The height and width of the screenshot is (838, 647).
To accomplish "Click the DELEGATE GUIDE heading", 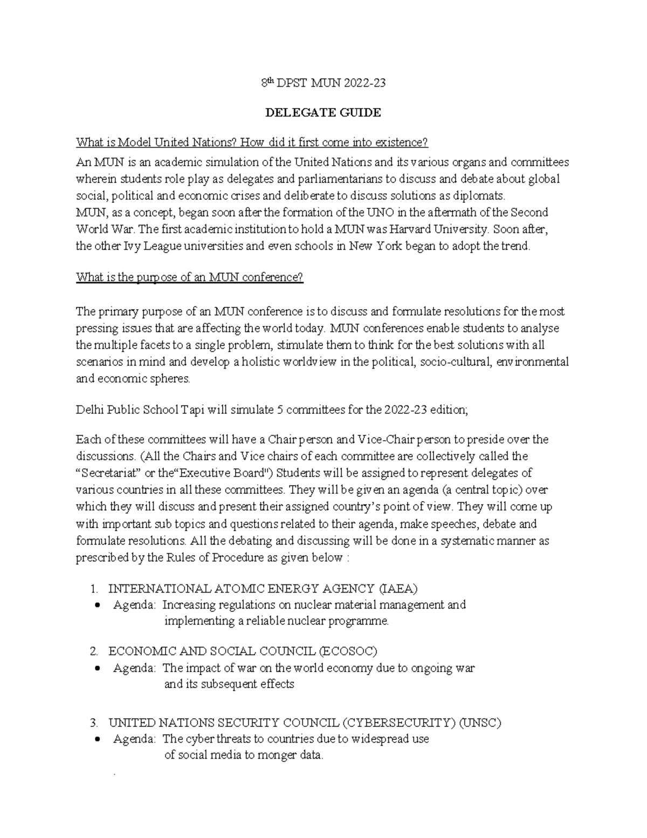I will click(323, 112).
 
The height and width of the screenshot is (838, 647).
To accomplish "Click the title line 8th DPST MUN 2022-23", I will click(323, 83).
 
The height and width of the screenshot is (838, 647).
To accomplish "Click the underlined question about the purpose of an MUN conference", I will click(190, 277).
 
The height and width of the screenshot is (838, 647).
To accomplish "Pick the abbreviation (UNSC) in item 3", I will click(480, 723).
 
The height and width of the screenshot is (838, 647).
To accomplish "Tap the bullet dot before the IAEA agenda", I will click(97, 605).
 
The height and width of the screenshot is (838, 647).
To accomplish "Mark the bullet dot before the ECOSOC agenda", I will click(97, 668).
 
